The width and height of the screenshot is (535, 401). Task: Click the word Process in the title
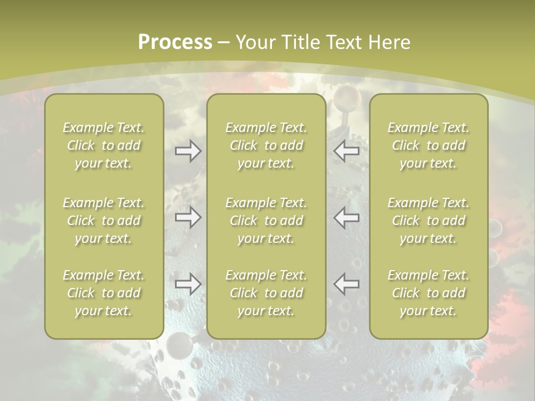coord(175,42)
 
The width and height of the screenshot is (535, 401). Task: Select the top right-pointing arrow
coord(188,151)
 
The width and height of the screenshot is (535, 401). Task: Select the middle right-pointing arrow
coord(188,217)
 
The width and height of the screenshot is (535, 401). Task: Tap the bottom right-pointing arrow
coord(188,285)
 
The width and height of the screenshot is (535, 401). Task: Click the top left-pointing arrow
coord(347,151)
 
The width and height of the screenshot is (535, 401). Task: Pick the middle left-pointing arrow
coord(347,217)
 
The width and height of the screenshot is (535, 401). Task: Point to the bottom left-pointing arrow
coord(347,285)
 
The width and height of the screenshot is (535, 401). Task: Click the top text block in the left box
coord(104,145)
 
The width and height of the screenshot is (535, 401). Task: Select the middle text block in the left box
coord(104,221)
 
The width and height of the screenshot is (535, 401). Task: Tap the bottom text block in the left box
coord(104,293)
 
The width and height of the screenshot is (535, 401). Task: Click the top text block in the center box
coord(266,145)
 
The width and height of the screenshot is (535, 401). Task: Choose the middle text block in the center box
coord(266,221)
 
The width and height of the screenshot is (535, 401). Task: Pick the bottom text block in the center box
coord(266,293)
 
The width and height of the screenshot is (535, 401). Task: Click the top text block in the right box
coord(429,145)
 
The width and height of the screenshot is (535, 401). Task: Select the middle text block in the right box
coord(429,221)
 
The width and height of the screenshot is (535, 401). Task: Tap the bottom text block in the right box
coord(429,293)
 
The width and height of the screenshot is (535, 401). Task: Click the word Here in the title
coord(390,42)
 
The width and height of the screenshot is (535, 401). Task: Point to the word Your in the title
coord(255,42)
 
